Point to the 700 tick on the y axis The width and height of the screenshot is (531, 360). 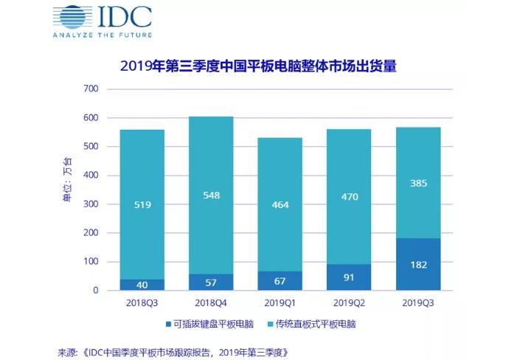[91, 89]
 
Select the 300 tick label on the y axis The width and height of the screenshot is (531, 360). [91, 204]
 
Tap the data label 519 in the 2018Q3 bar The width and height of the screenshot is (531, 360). [142, 204]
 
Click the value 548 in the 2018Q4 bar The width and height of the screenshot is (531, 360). [211, 195]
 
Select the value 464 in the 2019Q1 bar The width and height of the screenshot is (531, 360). [280, 204]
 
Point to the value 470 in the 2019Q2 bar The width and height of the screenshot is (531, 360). [349, 197]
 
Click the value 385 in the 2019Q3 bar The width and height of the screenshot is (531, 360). [417, 182]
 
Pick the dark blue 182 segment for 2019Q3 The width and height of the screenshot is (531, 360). [417, 264]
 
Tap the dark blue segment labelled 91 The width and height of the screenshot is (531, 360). [349, 277]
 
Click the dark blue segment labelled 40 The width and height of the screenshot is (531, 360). [142, 285]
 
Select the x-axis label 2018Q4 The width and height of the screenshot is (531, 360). [211, 303]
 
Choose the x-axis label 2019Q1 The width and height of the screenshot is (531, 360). [280, 303]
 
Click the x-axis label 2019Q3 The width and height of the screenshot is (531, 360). [417, 303]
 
